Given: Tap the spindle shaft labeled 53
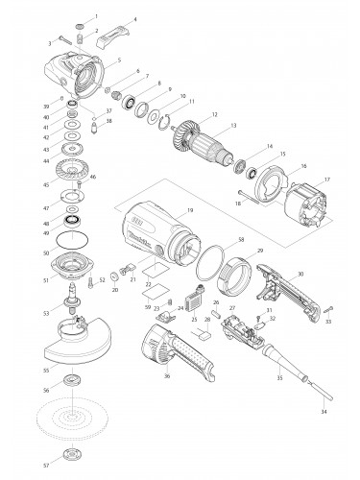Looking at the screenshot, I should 71,306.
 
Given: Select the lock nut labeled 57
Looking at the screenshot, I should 71,454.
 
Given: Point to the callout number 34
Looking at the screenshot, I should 323,411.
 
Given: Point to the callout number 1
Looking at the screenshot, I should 97,17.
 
